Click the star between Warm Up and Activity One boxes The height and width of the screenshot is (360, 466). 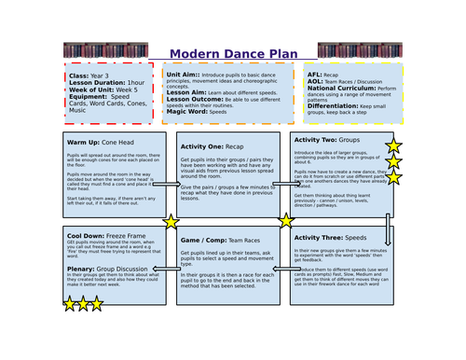[x=171, y=222]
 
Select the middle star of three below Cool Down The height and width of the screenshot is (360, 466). [x=83, y=303]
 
